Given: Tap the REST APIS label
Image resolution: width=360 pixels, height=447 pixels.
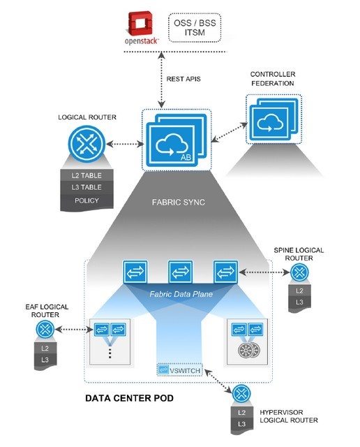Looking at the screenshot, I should click(x=185, y=78).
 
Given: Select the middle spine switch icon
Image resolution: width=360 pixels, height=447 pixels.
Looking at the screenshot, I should click(x=178, y=271).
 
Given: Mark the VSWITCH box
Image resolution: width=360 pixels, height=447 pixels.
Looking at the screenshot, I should click(x=179, y=370).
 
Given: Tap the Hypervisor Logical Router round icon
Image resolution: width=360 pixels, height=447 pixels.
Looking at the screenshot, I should click(x=243, y=395).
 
